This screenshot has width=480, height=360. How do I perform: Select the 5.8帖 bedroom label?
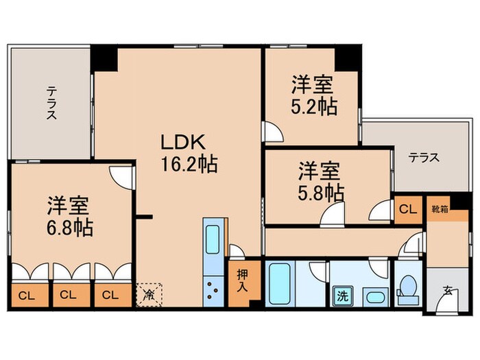[320, 180]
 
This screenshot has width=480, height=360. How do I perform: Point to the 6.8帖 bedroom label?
[71, 216]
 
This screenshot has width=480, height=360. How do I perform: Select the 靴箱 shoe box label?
[439, 208]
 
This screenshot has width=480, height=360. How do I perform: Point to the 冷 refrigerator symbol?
[149, 296]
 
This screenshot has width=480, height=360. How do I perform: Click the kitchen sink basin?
[213, 241]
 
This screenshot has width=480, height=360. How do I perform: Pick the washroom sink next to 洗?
[373, 297]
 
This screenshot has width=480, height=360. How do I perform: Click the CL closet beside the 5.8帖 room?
[407, 210]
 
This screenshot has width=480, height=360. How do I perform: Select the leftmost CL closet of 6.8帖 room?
[27, 296]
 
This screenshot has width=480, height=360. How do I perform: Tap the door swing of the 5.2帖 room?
[272, 130]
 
